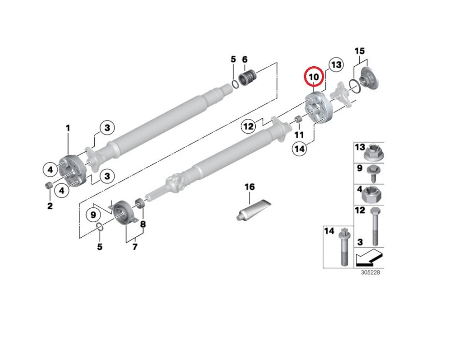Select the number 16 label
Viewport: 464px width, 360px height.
249,187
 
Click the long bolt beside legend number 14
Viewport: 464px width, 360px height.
343,246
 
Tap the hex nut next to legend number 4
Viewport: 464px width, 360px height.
373,194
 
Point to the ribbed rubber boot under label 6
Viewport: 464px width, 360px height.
248,77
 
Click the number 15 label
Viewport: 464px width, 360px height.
360,51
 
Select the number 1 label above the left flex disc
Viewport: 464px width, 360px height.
68,128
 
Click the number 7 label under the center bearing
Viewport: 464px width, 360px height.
135,247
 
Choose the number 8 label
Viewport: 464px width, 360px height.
143,224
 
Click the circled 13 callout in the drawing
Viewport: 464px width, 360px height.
335,65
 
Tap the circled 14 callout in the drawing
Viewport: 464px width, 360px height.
300,149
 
